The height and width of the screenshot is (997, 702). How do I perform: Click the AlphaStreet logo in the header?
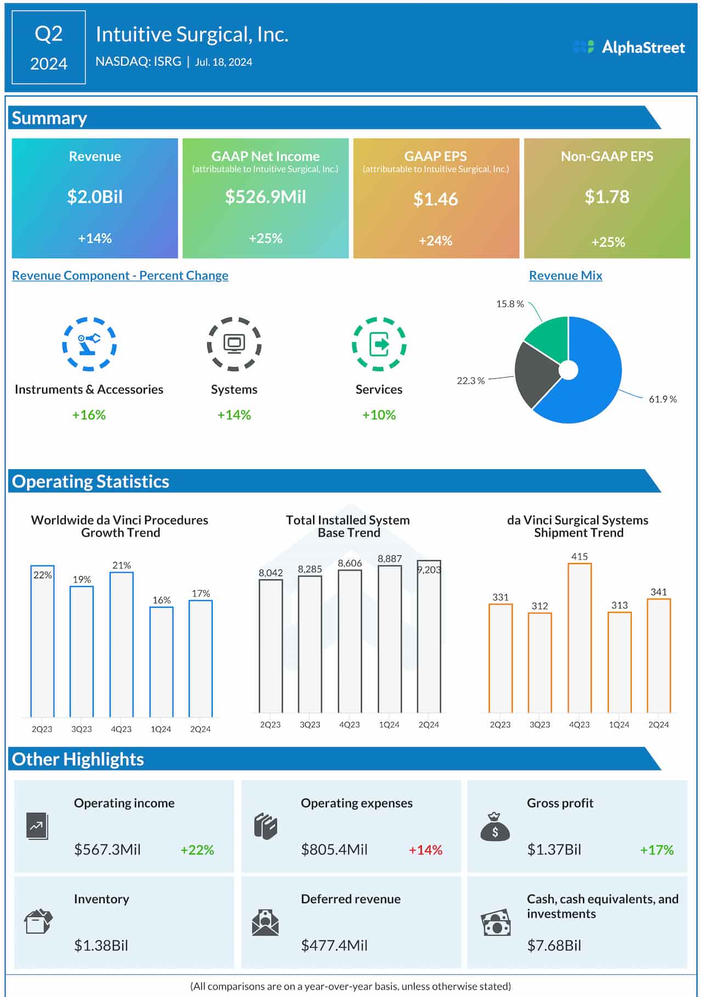click(629, 47)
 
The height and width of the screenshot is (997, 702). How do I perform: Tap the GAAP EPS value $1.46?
click(435, 199)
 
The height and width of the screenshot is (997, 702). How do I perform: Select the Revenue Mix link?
click(565, 275)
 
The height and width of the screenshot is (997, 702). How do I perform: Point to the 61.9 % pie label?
click(663, 399)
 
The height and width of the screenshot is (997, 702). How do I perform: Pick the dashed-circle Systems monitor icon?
click(234, 344)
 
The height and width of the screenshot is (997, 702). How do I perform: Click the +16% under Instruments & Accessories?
click(89, 415)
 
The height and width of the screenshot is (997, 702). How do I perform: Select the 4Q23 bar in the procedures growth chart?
click(121, 644)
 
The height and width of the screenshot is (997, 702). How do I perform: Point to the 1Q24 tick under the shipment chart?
click(619, 724)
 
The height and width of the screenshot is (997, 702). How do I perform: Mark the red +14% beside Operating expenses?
click(425, 850)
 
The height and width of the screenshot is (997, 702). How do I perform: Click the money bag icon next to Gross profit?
click(495, 827)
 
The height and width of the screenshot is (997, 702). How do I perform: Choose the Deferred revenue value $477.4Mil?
click(334, 945)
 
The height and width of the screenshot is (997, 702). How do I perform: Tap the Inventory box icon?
click(38, 921)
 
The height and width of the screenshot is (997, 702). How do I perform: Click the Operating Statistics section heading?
click(90, 481)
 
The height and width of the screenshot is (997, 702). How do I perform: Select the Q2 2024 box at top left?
click(48, 48)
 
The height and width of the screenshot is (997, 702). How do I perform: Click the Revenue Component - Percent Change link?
click(120, 275)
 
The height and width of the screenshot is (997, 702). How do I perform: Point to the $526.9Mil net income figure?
click(265, 197)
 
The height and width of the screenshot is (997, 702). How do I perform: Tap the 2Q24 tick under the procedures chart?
click(200, 728)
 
